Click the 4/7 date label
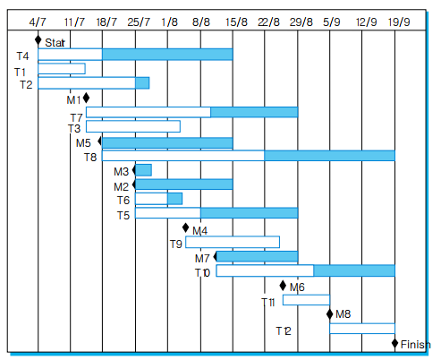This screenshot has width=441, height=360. pyautogui.click(x=38, y=20)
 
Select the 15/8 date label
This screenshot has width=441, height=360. pyautogui.click(x=236, y=20)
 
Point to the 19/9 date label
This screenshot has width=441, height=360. pyautogui.click(x=400, y=20)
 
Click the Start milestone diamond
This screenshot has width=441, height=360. pyautogui.click(x=38, y=40)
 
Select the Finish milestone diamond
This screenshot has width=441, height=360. pyautogui.click(x=394, y=343)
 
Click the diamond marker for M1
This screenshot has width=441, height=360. pyautogui.click(x=86, y=98)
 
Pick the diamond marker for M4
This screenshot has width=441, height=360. pyautogui.click(x=185, y=228)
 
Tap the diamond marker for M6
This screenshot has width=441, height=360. pyautogui.click(x=283, y=286)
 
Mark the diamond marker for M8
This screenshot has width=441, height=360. pyautogui.click(x=329, y=313)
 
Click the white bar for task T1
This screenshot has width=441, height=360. pyautogui.click(x=61, y=69)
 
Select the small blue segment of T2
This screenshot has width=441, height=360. pyautogui.click(x=142, y=83)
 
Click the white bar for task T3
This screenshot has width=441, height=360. pyautogui.click(x=132, y=127)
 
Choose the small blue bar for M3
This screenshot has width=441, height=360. pyautogui.click(x=143, y=170)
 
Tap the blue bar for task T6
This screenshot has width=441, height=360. pyautogui.click(x=174, y=199)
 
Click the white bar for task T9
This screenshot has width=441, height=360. pyautogui.click(x=232, y=242)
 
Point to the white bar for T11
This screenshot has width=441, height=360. pyautogui.click(x=306, y=300)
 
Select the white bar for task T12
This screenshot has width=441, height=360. pyautogui.click(x=361, y=329)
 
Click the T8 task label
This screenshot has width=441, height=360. pyautogui.click(x=90, y=158)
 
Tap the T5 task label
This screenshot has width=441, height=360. pyautogui.click(x=123, y=215)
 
